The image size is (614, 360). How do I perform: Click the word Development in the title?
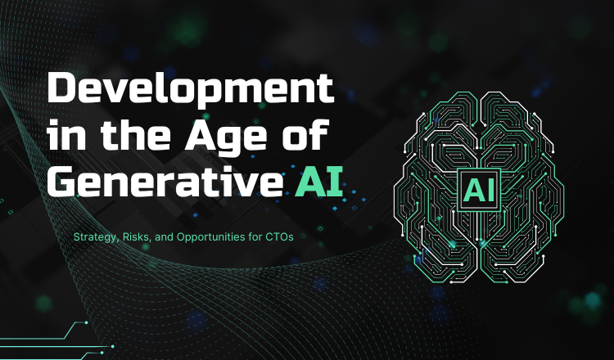[190, 90]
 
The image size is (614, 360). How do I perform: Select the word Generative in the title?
[165, 182]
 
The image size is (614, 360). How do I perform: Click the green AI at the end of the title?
[319, 182]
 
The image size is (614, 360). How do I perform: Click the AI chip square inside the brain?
[479, 190]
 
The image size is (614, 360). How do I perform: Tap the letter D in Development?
[63, 88]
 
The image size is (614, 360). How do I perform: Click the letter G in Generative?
[62, 182]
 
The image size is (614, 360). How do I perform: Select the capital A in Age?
[200, 135]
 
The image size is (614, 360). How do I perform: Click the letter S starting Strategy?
[76, 236]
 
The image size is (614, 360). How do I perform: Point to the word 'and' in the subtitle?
[164, 236]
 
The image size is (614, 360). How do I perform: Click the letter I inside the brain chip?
[491, 191]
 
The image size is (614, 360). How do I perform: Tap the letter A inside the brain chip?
[474, 191]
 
